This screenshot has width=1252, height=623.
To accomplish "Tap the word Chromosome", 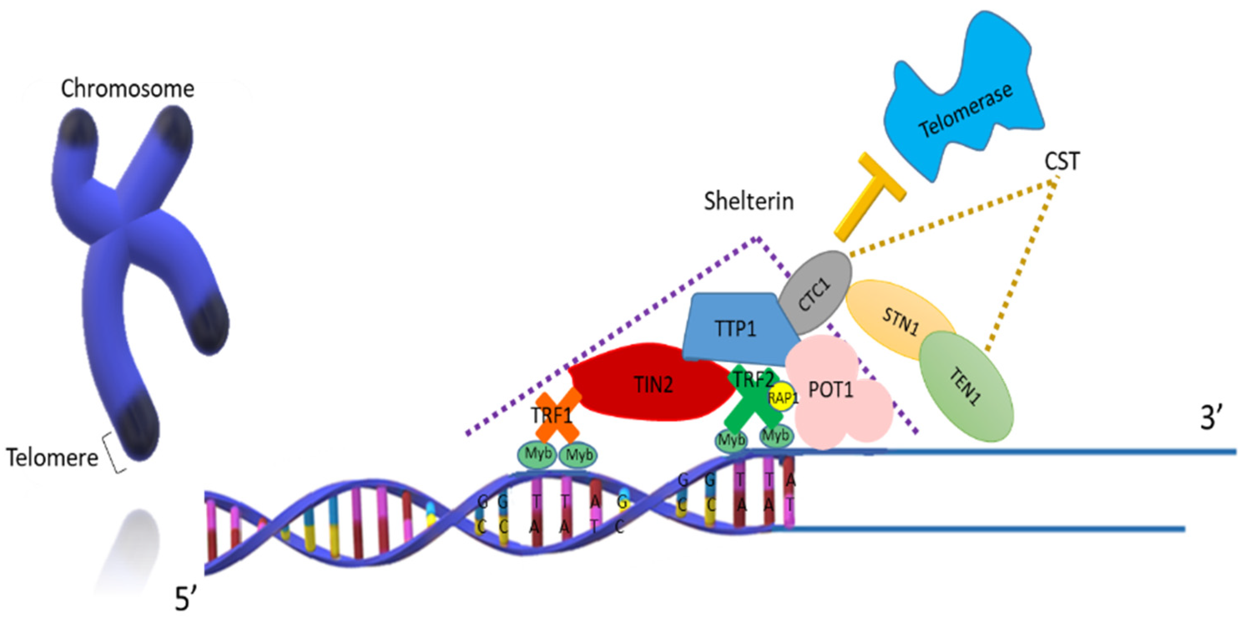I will pyautogui.click(x=127, y=89).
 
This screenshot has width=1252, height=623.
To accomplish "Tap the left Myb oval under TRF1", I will pyautogui.click(x=537, y=455).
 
